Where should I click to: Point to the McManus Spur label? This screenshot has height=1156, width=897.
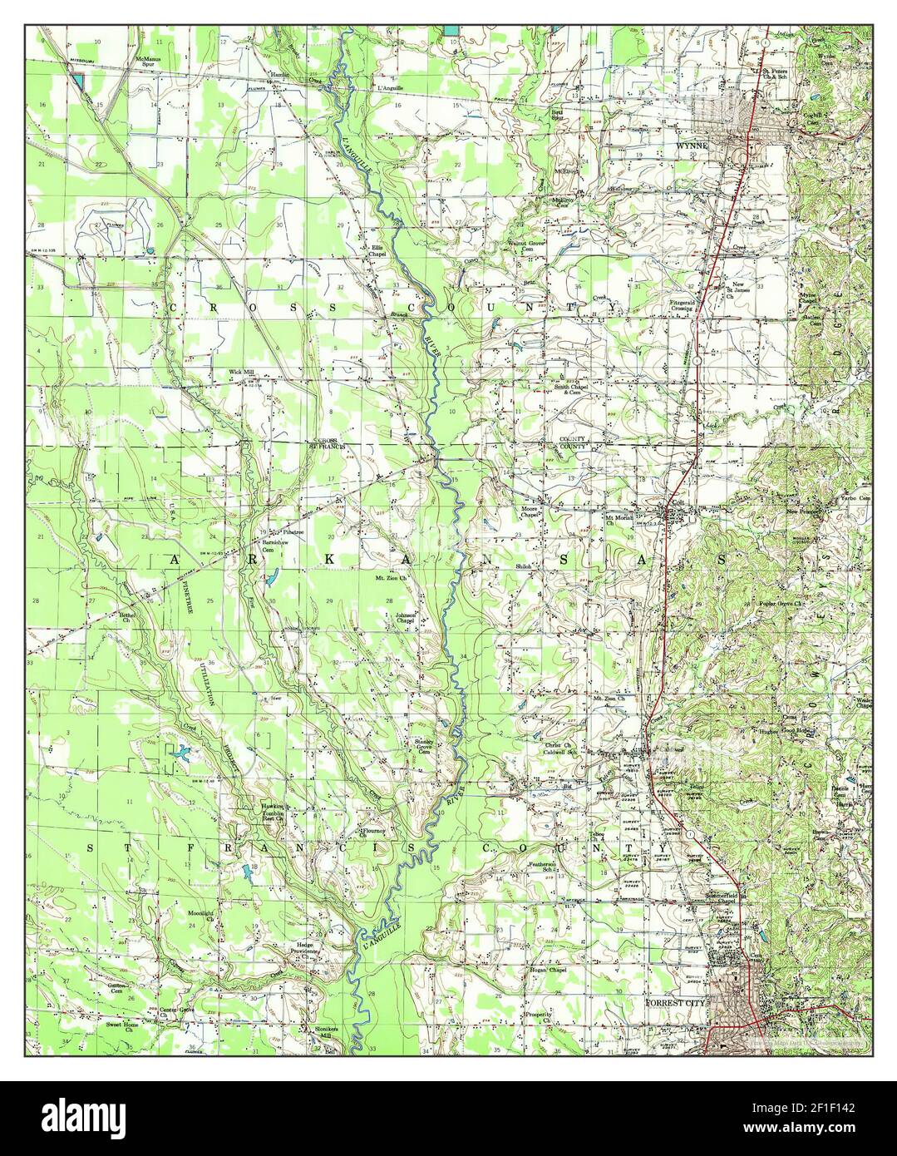point(152,62)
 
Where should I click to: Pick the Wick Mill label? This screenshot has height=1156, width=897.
point(242,372)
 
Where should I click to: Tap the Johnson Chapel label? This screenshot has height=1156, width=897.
point(404,618)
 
